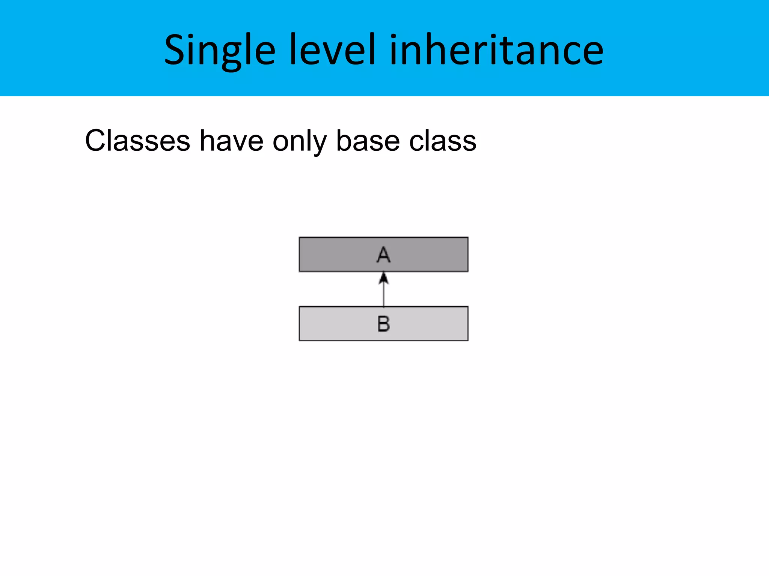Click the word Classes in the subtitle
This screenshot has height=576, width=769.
click(137, 141)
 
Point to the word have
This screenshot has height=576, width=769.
click(231, 141)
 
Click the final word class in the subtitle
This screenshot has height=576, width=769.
click(443, 141)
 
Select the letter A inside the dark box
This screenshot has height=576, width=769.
click(383, 255)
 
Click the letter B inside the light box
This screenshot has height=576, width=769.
click(383, 324)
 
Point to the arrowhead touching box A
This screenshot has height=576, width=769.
click(383, 278)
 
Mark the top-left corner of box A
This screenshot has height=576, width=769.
click(300, 237)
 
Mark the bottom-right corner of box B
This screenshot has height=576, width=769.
click(467, 340)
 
